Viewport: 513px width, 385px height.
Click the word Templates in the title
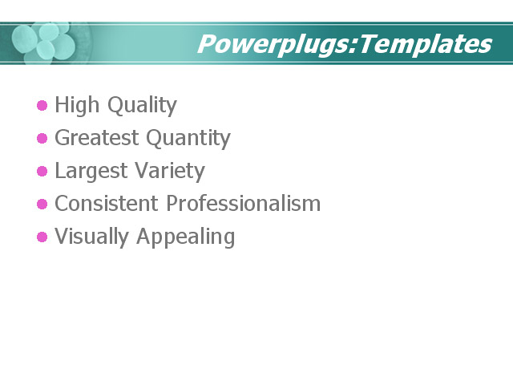pyautogui.click(x=425, y=44)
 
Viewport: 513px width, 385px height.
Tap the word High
pyautogui.click(x=75, y=105)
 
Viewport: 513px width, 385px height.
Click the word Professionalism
pyautogui.click(x=243, y=205)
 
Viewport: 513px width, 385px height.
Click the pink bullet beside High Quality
pyautogui.click(x=42, y=106)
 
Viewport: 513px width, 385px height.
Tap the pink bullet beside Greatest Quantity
pyautogui.click(x=42, y=139)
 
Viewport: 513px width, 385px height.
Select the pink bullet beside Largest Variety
pyautogui.click(x=42, y=172)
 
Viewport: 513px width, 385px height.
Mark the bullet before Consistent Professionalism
pyautogui.click(x=42, y=205)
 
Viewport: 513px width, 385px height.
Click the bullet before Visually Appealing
pyautogui.click(x=42, y=237)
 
